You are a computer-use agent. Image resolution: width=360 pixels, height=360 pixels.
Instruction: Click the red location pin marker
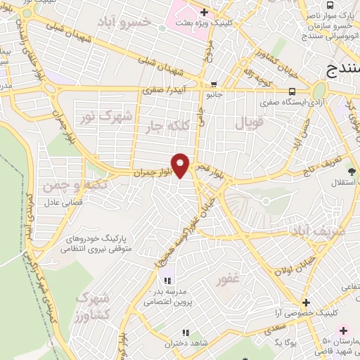tap(181, 165)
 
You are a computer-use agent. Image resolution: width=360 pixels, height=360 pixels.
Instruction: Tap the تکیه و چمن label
tap(64, 185)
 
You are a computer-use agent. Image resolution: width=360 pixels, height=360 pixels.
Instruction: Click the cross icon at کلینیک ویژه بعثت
tap(203, 12)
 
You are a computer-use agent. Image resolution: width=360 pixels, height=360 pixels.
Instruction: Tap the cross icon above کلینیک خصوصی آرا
tap(305, 300)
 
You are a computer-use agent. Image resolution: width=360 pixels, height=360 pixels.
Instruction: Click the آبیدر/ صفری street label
tap(160, 91)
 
